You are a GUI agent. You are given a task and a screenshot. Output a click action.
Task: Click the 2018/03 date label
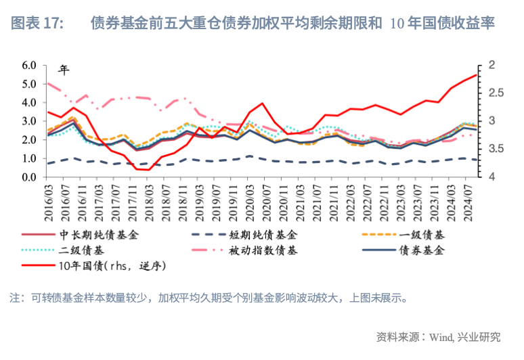click(150, 202)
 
